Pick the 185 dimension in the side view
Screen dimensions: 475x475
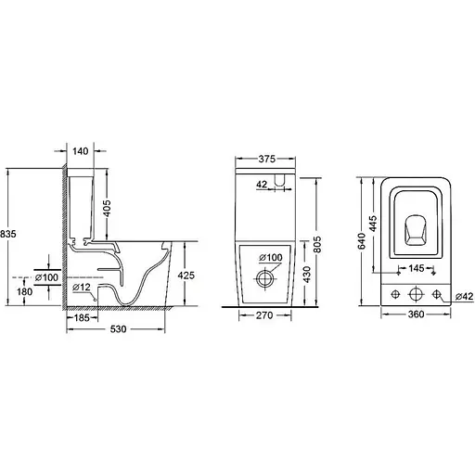click(83, 317)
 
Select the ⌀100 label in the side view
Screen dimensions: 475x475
click(45, 276)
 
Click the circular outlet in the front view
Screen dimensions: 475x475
click(265, 276)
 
